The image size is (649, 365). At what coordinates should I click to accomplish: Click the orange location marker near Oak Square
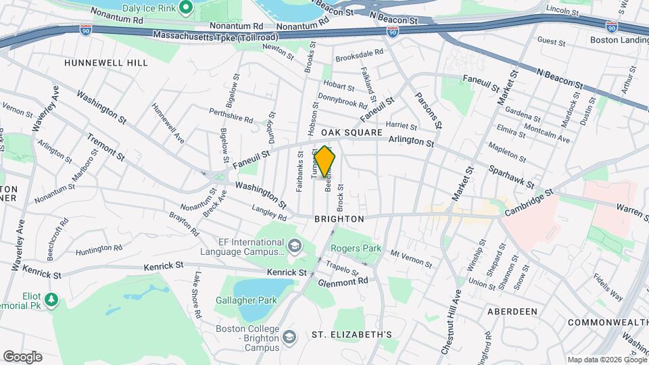[x=324, y=162]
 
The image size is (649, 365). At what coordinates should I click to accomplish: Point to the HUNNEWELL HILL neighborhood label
[x=96, y=62]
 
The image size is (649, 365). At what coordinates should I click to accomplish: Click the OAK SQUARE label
[x=347, y=132]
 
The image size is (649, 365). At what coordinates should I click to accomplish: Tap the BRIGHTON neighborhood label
[x=339, y=219]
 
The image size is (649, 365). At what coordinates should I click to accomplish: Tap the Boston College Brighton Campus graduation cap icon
[x=289, y=337]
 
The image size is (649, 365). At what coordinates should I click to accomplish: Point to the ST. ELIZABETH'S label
[x=352, y=335]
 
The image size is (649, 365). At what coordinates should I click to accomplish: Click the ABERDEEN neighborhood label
[x=512, y=311]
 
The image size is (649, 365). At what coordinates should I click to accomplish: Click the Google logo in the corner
[x=22, y=357]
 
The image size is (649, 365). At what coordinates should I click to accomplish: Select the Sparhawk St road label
[x=511, y=176]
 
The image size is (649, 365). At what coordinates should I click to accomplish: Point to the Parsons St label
[x=429, y=110]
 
